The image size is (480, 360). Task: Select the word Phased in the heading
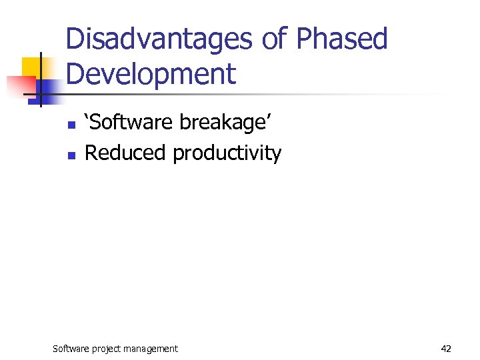pyautogui.click(x=342, y=39)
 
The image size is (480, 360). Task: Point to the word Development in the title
pyautogui.click(x=151, y=74)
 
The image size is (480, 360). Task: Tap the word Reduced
pyautogui.click(x=125, y=153)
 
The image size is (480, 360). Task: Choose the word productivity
pyautogui.click(x=227, y=154)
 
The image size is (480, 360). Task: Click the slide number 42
pyautogui.click(x=446, y=348)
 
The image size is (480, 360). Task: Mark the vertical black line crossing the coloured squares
pyautogui.click(x=41, y=80)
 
